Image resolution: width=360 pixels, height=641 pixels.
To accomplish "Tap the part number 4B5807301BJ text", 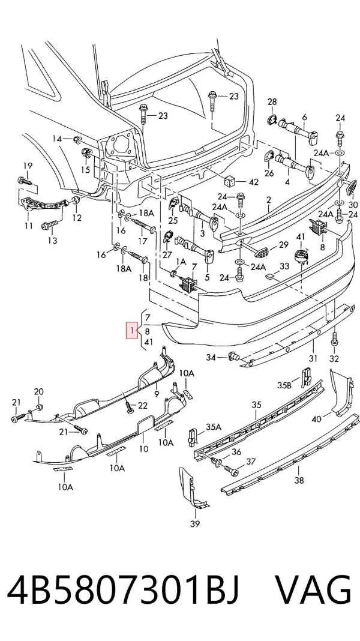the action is [x=123, y=591].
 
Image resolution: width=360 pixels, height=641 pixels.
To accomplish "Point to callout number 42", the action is [x=253, y=182].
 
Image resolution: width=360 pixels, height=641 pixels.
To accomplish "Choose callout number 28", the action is [x=272, y=101].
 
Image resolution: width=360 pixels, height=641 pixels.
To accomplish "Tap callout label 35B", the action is [x=284, y=385].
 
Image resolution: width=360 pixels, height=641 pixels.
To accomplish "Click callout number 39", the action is [x=195, y=524].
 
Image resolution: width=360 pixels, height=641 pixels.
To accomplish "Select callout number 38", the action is [x=299, y=480].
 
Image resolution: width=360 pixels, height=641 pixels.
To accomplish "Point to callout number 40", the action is [x=316, y=418].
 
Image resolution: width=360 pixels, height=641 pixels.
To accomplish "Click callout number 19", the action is [x=28, y=166].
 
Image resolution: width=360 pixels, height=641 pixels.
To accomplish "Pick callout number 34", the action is [x=211, y=358].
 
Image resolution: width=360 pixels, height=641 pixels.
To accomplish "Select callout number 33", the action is [x=284, y=266].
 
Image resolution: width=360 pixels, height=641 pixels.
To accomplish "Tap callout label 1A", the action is [x=181, y=261].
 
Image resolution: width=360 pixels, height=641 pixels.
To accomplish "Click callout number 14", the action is [x=57, y=139].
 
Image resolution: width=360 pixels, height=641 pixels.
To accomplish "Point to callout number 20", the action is [x=38, y=392].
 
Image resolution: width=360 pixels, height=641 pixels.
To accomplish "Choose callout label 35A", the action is [x=214, y=427].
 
